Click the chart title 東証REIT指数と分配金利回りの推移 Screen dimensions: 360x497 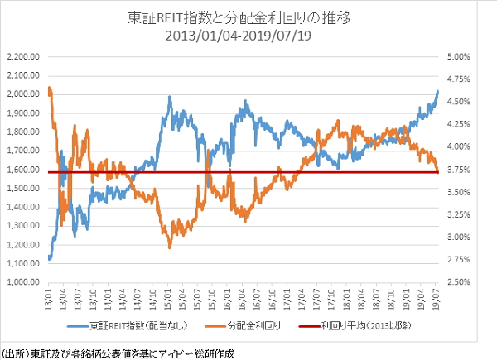(248, 17)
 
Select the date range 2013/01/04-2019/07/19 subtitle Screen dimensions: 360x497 (248, 36)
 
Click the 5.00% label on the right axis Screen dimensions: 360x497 (457, 57)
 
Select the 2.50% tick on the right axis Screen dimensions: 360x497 (457, 282)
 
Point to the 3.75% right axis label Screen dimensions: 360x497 (457, 170)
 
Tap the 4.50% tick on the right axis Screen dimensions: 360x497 (457, 102)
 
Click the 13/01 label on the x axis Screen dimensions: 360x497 (50, 296)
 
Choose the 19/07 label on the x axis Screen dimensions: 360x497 (437, 296)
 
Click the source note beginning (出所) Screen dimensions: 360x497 (118, 351)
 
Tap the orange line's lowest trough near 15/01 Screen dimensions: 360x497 (170, 247)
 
